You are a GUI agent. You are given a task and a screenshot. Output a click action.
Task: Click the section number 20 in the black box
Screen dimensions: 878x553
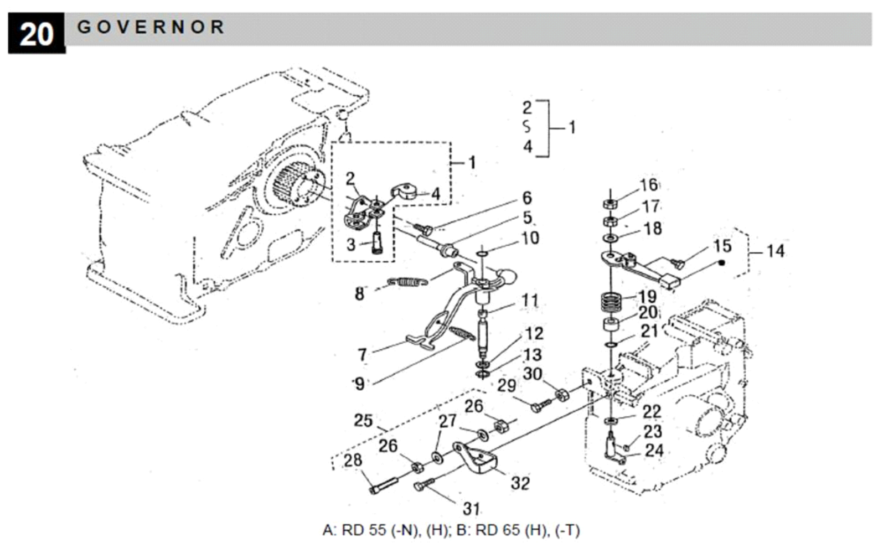tap(37, 34)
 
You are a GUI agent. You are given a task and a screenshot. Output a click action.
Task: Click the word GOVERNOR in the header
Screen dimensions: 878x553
tap(151, 27)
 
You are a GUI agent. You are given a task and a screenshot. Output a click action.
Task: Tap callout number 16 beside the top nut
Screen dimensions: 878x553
tap(649, 185)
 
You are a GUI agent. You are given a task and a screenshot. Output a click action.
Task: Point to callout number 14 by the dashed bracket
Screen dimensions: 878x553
tap(776, 251)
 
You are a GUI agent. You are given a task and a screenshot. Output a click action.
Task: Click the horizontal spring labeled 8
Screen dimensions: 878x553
tap(407, 281)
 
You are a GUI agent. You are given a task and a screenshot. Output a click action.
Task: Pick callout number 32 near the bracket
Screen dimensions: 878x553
tap(520, 483)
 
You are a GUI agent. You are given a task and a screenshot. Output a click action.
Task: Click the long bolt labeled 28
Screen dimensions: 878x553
tap(384, 485)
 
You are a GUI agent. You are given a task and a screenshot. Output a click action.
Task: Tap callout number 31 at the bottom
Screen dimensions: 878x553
tap(471, 509)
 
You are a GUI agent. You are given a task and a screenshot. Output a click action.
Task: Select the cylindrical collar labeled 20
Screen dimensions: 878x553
tap(611, 325)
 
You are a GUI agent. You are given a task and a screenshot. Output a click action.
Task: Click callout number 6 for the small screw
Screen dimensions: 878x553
tap(527, 198)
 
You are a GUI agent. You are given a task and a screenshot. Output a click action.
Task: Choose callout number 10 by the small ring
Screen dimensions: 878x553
tap(530, 238)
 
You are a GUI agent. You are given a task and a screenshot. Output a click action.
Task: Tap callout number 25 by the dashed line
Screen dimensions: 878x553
tap(363, 421)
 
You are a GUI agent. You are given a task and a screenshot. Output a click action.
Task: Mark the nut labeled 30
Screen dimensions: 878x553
tap(562, 395)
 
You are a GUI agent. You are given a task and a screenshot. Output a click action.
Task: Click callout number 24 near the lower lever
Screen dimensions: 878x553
tap(654, 451)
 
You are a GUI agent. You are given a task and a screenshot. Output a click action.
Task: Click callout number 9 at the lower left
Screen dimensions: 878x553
tap(359, 384)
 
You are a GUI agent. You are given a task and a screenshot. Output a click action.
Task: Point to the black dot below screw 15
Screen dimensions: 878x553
tap(721, 262)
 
